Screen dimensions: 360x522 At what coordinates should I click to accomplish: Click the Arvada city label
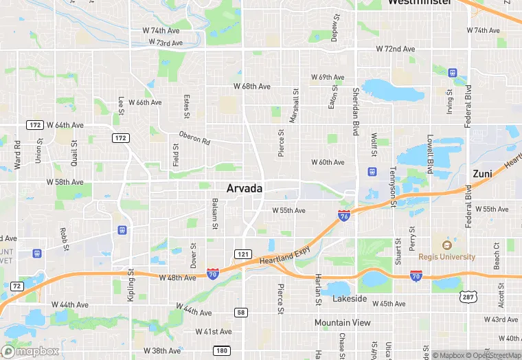pyautogui.click(x=245, y=188)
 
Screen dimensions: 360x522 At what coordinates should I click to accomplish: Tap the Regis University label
pyautogui.click(x=446, y=257)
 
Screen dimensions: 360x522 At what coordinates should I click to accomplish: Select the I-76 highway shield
pyautogui.click(x=344, y=216)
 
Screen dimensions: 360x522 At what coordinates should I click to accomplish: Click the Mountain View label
pyautogui.click(x=342, y=322)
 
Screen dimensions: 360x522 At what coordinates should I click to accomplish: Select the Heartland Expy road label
pyautogui.click(x=284, y=256)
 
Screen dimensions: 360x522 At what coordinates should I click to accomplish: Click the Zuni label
pyautogui.click(x=482, y=174)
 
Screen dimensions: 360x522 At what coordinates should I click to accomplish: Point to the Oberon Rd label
pyautogui.click(x=194, y=137)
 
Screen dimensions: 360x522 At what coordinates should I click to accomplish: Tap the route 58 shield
pyautogui.click(x=241, y=313)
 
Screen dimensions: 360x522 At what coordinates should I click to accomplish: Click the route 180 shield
pyautogui.click(x=221, y=351)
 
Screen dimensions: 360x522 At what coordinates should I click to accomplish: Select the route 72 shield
pyautogui.click(x=17, y=285)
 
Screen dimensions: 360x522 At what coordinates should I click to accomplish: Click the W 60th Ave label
pyautogui.click(x=328, y=162)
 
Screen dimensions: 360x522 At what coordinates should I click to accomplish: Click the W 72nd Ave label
pyautogui.click(x=396, y=49)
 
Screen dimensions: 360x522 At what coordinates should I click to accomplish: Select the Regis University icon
pyautogui.click(x=446, y=245)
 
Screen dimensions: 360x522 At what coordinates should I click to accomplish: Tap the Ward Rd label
pyautogui.click(x=18, y=156)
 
